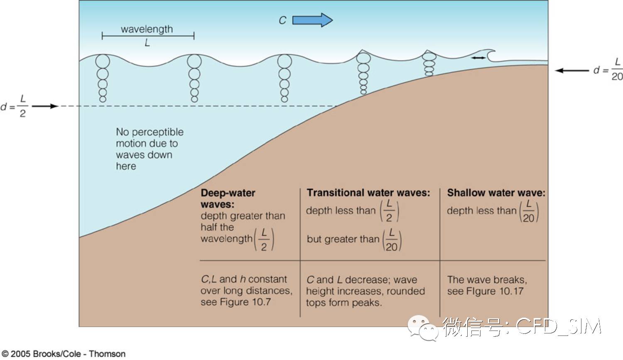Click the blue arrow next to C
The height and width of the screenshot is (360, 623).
click(x=312, y=20)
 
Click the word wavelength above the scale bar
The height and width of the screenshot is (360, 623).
click(x=147, y=29)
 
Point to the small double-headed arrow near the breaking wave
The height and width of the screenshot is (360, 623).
click(x=478, y=58)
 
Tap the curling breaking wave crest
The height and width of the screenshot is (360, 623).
click(x=490, y=54)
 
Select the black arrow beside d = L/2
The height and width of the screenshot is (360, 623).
click(x=45, y=106)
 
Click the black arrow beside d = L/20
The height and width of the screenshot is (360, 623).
click(x=572, y=71)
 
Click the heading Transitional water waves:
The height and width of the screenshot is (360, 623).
click(x=368, y=193)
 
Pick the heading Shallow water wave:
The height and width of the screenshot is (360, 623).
click(x=496, y=193)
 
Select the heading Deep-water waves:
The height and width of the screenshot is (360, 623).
click(x=228, y=198)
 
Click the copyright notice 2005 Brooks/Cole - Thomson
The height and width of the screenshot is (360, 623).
click(x=64, y=354)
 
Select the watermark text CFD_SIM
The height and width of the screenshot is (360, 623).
click(x=558, y=326)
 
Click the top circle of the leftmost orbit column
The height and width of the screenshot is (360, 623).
click(x=103, y=61)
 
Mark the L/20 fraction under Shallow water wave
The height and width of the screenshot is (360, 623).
click(x=529, y=211)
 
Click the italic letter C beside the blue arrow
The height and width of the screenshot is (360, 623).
click(x=282, y=20)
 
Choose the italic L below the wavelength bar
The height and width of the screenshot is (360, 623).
click(x=147, y=43)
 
